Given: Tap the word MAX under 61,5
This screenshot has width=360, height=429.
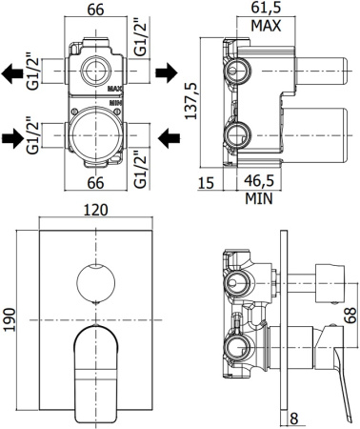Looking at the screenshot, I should coord(263,26).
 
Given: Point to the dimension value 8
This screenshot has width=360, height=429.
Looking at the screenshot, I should coord(297,418).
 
